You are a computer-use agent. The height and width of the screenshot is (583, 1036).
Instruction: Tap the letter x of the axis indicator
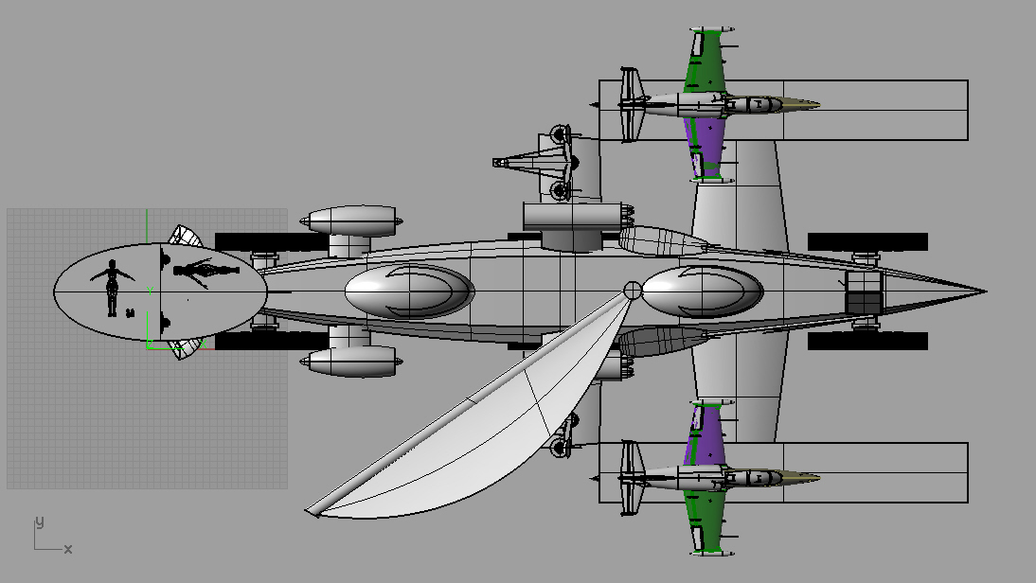click(68, 549)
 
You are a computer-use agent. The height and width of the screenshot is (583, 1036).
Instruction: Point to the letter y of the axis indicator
click(40, 522)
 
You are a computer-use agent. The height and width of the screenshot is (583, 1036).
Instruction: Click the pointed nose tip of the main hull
click(985, 291)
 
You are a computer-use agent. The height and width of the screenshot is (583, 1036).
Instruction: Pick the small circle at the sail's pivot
click(633, 290)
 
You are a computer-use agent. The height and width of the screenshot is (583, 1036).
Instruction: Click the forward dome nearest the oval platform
click(409, 291)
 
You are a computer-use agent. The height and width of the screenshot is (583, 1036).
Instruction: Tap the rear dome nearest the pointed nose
click(703, 291)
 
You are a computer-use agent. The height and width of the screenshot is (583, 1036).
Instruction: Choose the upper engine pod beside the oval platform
click(351, 221)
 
